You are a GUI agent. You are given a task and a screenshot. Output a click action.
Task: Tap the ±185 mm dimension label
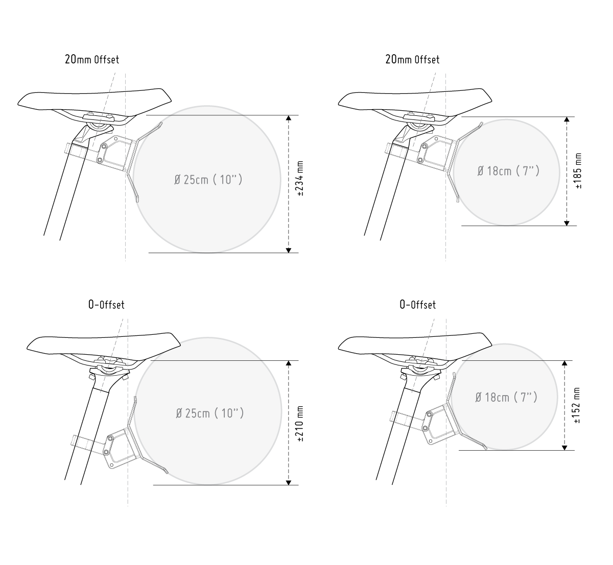pos(578,170)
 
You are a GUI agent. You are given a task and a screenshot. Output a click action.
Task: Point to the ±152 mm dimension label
pos(577,405)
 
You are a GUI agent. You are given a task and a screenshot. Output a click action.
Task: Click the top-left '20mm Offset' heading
pos(92,59)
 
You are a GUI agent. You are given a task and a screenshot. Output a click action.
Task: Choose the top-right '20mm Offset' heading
pos(412,59)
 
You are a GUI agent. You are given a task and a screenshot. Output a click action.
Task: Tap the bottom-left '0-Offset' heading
pos(106,305)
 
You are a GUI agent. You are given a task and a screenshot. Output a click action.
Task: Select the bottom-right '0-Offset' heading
pos(418,305)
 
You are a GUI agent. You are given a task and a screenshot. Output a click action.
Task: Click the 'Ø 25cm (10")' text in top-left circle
pos(208,180)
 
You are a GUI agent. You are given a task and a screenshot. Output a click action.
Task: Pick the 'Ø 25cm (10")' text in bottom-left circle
pos(210,413)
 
